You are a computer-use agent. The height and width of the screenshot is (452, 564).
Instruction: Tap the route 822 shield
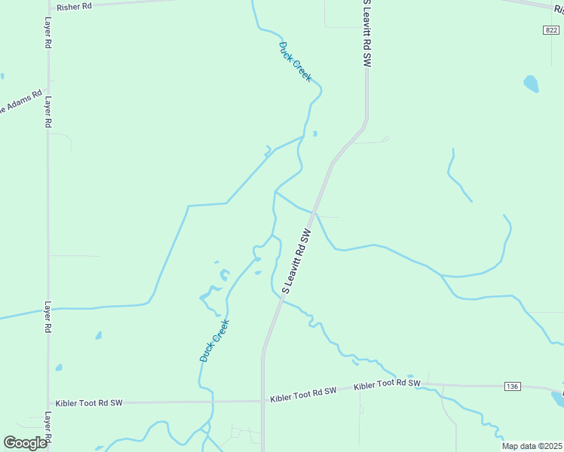click(550, 29)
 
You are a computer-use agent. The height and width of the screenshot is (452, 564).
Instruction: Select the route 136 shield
click(512, 386)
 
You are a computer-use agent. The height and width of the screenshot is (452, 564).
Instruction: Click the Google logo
click(25, 443)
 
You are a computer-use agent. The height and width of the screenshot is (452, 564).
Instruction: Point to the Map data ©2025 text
click(532, 446)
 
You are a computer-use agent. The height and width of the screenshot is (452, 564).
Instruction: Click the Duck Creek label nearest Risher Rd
click(295, 62)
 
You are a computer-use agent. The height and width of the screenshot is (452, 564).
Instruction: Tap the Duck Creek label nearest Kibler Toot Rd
click(214, 341)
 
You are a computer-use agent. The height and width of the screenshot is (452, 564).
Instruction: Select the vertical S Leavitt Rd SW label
click(366, 35)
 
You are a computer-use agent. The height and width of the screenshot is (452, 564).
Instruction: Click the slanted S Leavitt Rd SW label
click(296, 261)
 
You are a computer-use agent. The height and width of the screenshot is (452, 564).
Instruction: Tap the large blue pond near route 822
click(532, 84)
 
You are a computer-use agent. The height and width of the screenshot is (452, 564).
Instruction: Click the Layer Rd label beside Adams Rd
click(48, 111)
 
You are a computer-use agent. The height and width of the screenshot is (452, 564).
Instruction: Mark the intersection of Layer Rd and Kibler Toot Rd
click(48, 403)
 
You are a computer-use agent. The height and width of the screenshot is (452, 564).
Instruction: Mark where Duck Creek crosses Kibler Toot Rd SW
click(213, 402)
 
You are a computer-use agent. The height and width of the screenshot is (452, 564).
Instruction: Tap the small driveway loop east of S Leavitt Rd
click(385, 139)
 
